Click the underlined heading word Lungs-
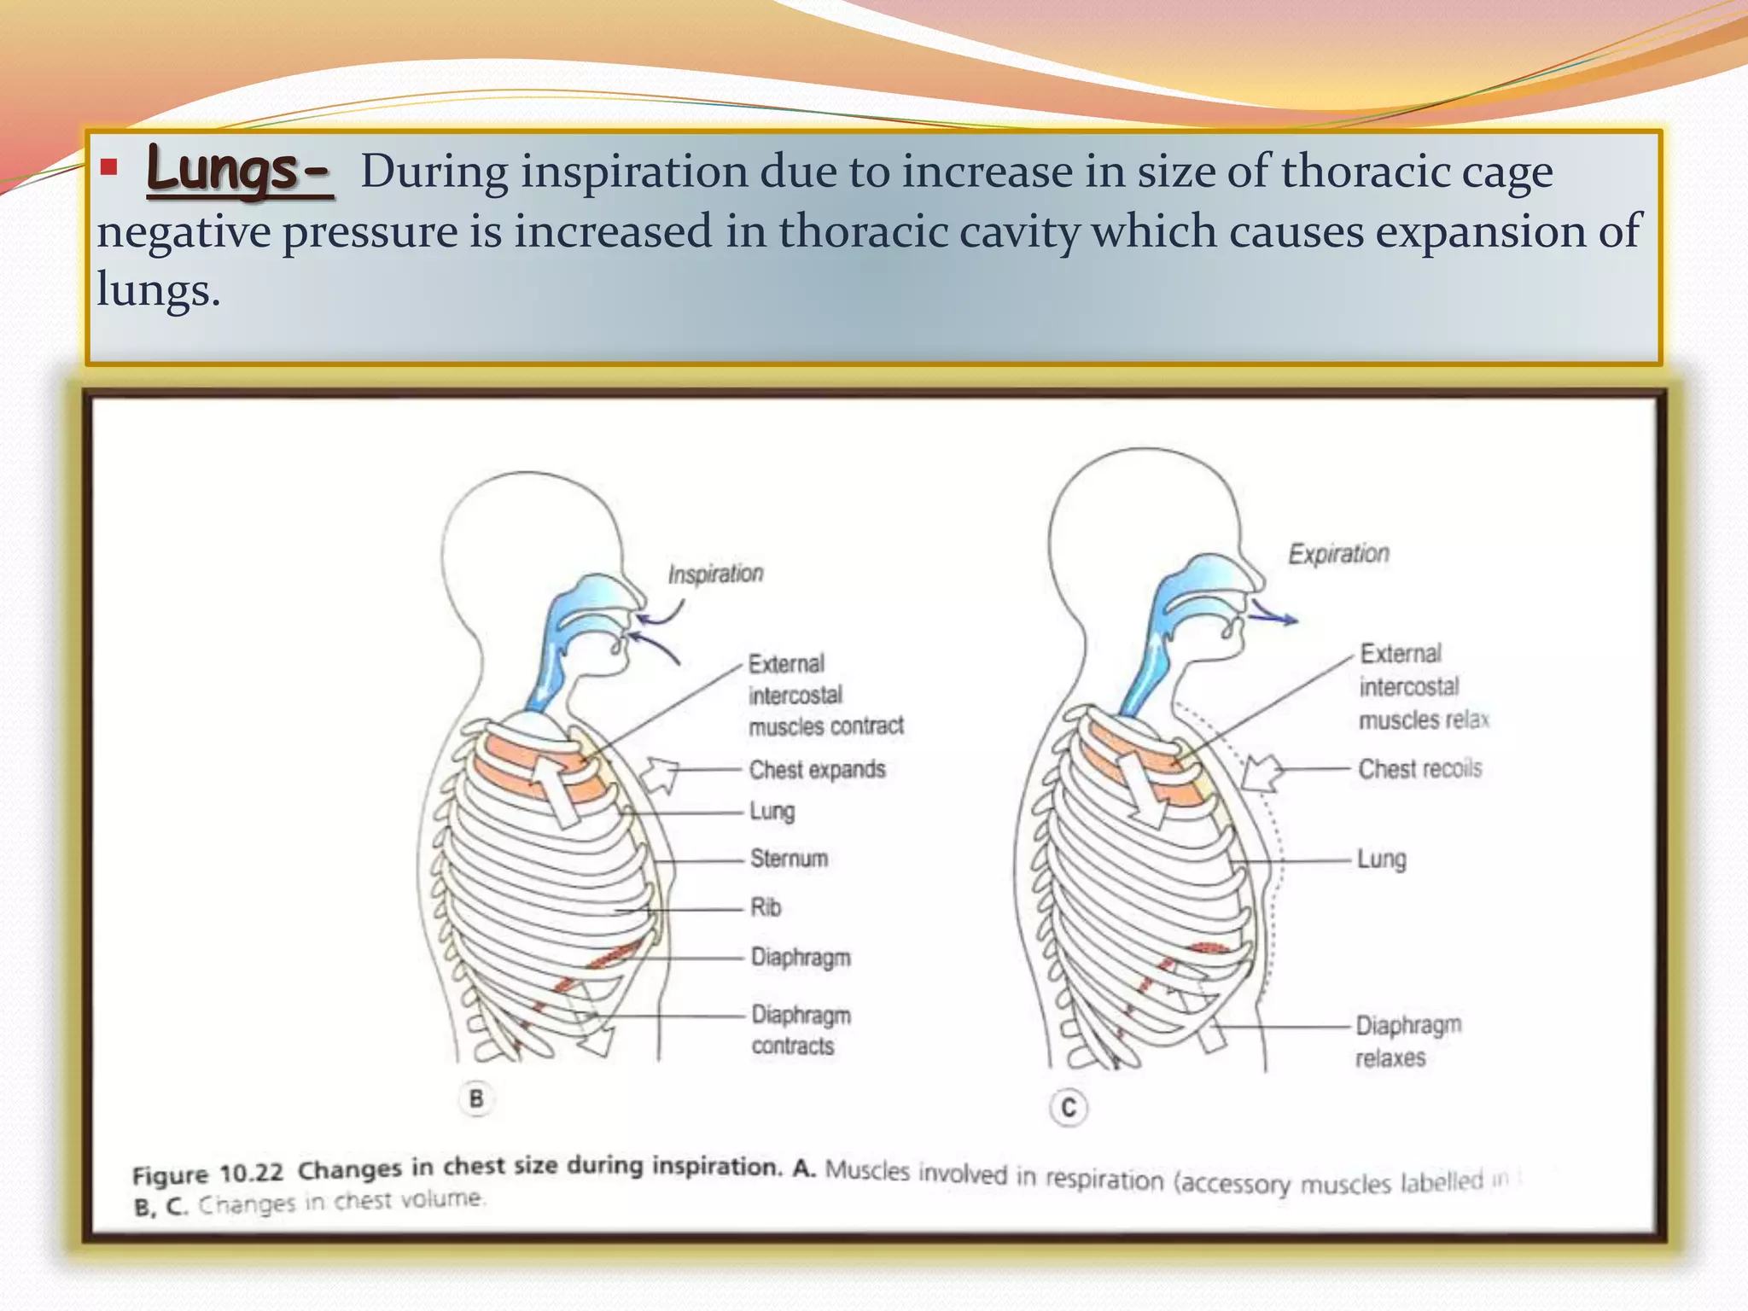(x=238, y=170)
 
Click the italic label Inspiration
(x=715, y=574)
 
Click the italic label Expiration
(x=1338, y=554)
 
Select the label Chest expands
(x=817, y=769)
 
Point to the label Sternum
(x=789, y=858)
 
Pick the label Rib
(x=766, y=906)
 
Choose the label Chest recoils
(x=1419, y=768)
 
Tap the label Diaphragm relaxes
(x=1407, y=1040)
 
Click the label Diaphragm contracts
(x=801, y=1030)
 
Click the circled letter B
(x=476, y=1098)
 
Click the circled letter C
(x=1068, y=1108)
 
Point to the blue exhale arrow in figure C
(x=1273, y=615)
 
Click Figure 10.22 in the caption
(x=207, y=1174)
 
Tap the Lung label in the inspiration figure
(x=772, y=811)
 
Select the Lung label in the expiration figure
(x=1381, y=859)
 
